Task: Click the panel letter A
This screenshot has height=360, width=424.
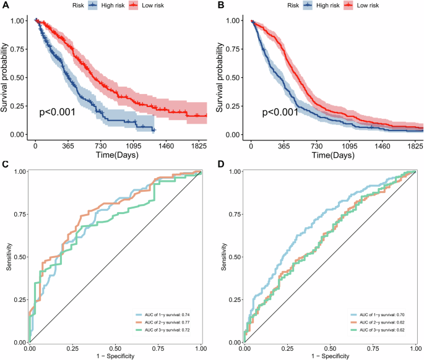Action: pos(4,6)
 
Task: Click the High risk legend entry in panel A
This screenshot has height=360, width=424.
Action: pos(108,5)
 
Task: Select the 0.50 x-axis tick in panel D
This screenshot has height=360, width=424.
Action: pos(330,348)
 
